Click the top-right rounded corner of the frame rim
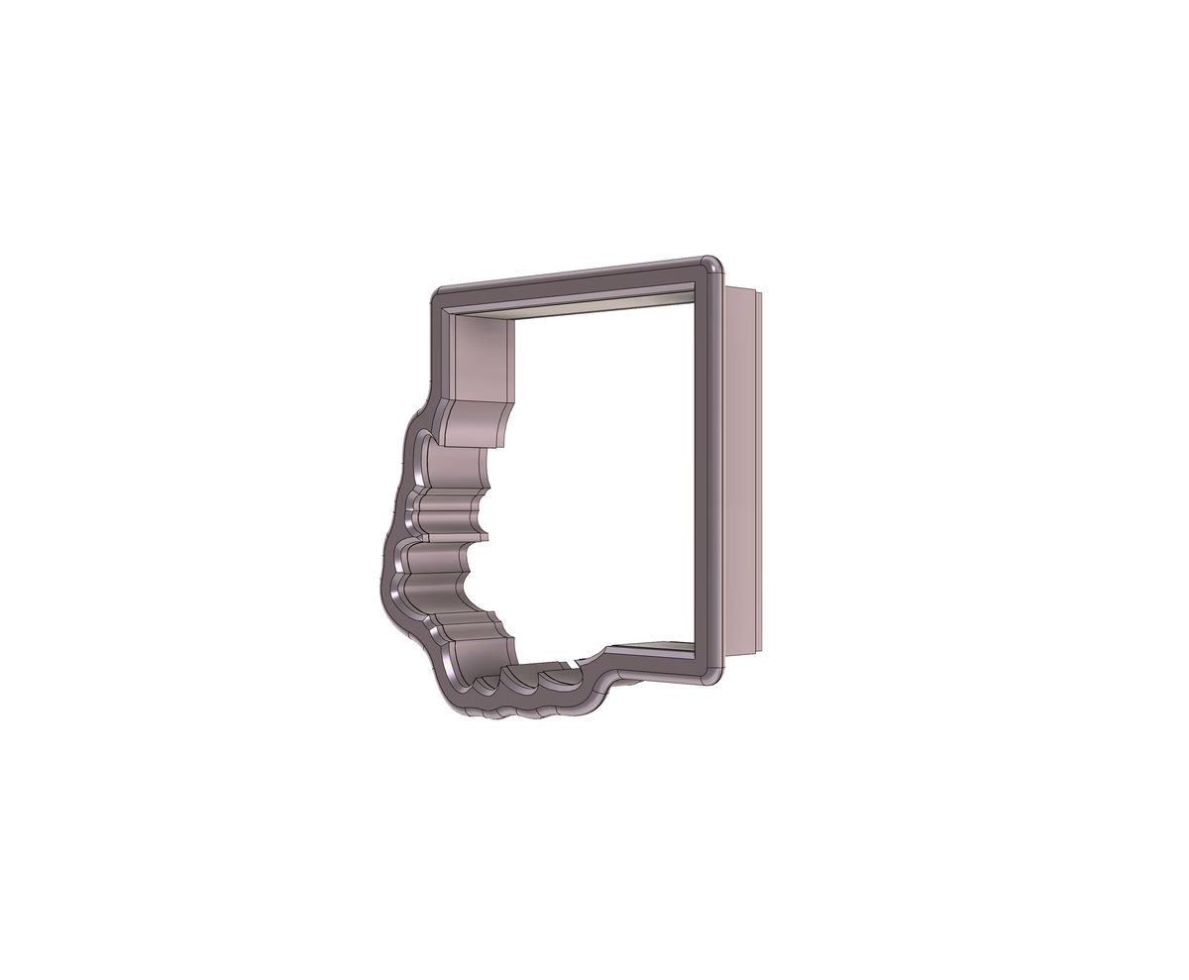[710, 267]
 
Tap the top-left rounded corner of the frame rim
[440, 297]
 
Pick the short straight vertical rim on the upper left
[435, 347]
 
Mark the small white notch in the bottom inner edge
[576, 659]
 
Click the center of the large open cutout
[594, 476]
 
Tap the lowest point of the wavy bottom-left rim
[525, 713]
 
